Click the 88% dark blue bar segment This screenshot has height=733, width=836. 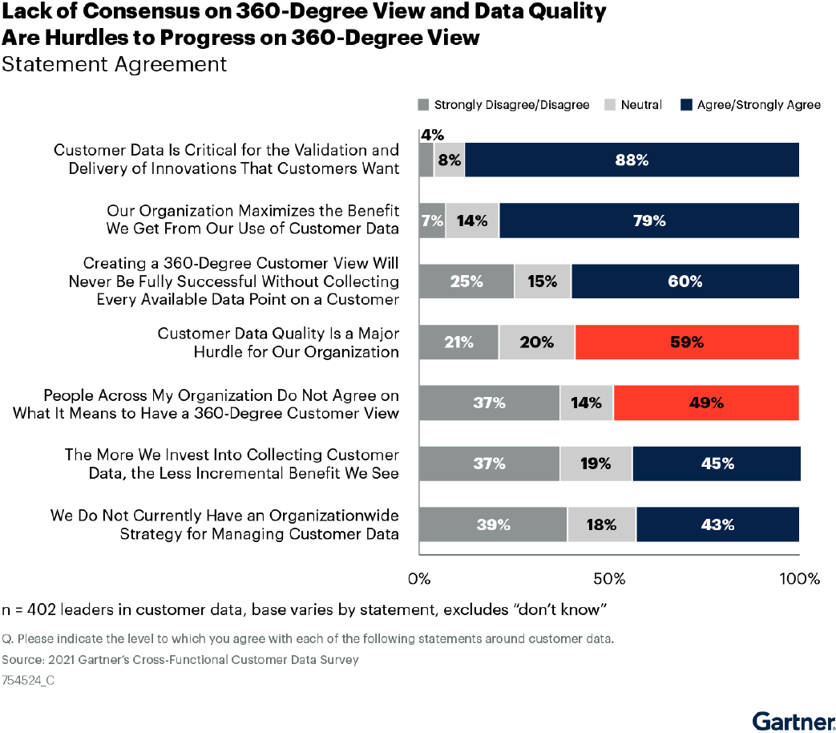632,160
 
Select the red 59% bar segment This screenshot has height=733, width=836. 687,342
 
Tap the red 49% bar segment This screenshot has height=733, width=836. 706,403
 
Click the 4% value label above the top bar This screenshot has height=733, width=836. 432,135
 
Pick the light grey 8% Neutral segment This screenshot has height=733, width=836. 449,160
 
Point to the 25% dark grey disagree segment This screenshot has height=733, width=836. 466,281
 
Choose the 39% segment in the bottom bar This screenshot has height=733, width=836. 493,524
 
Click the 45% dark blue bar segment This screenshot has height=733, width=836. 716,464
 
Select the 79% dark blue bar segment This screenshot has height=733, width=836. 648,221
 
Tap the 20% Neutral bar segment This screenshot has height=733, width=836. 536,342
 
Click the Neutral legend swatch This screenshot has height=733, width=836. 608,105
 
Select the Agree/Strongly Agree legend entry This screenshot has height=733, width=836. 758,105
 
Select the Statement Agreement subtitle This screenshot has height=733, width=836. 115,64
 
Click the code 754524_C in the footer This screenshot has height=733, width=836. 29,679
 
